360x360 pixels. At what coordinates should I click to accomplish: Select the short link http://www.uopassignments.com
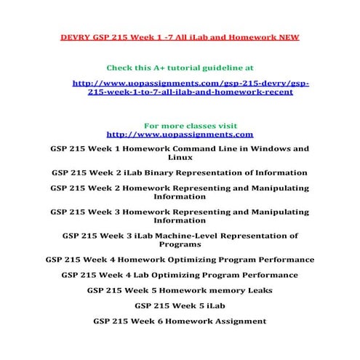coord(180,135)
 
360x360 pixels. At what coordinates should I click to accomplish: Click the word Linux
coord(180,158)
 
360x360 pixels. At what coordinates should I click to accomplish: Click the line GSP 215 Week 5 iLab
coord(180,305)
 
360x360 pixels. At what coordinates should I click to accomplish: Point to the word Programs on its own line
coord(180,245)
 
